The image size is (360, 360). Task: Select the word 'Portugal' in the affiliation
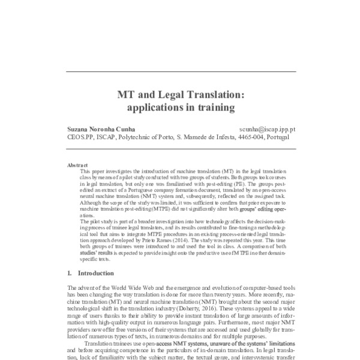tap(281, 137)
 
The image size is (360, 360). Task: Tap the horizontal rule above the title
tap(179, 71)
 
